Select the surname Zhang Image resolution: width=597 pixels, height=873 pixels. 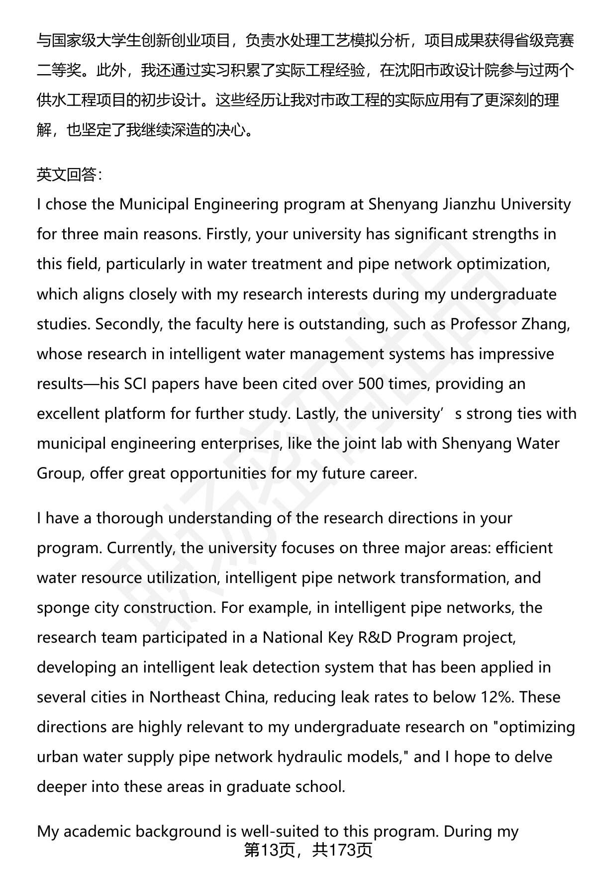click(x=546, y=324)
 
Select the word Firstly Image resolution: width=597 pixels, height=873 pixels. click(x=228, y=234)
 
